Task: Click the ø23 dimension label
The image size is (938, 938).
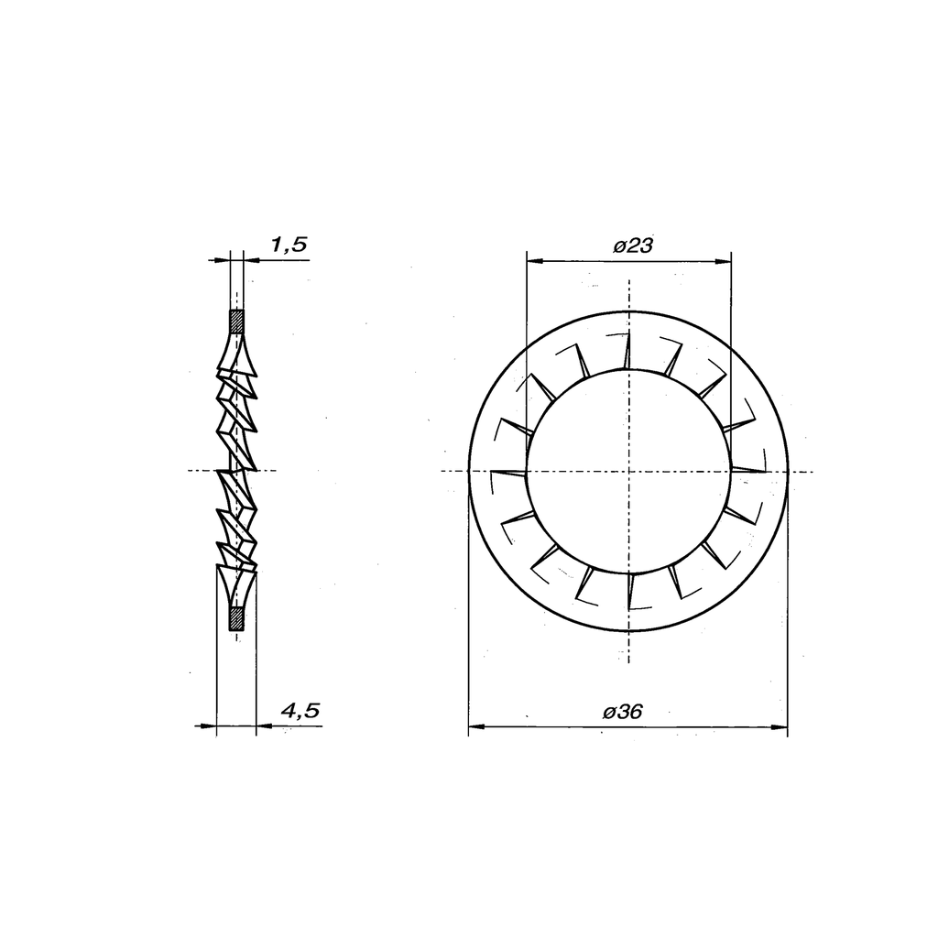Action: click(x=632, y=245)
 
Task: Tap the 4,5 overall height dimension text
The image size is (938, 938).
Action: click(x=300, y=710)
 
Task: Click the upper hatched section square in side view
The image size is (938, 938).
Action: click(x=236, y=322)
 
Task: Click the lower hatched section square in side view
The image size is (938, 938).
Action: click(x=236, y=618)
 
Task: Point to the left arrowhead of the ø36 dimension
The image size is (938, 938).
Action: click(x=474, y=728)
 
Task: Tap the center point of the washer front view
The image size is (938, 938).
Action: click(x=629, y=472)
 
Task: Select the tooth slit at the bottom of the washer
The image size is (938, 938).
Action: click(x=629, y=594)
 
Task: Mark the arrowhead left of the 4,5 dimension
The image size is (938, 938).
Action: click(x=209, y=726)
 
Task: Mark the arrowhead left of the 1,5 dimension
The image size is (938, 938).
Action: click(x=221, y=260)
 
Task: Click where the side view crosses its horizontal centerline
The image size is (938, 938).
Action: click(x=237, y=472)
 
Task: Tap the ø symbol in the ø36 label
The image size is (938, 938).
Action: click(x=608, y=713)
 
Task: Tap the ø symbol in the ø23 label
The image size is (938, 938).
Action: click(x=618, y=246)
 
